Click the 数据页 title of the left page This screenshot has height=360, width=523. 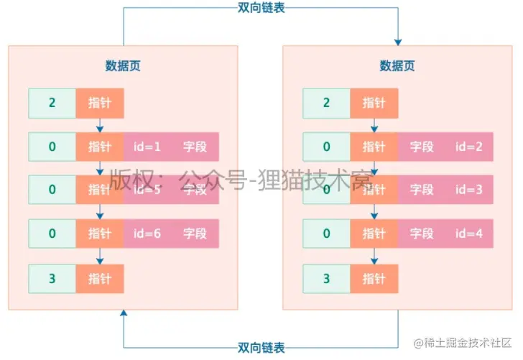(x=123, y=66)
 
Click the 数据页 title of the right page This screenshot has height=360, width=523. (x=397, y=66)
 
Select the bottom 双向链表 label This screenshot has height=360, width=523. (x=261, y=348)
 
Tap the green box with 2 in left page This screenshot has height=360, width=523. (x=52, y=103)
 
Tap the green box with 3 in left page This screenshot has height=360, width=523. (x=52, y=277)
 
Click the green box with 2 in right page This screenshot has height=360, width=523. (x=327, y=103)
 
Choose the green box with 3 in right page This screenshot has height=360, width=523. (x=327, y=277)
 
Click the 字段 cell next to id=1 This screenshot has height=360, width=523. (x=195, y=147)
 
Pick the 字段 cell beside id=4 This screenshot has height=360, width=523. (x=422, y=233)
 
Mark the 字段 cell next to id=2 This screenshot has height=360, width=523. (x=422, y=147)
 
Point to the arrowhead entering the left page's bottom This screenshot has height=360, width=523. (x=124, y=315)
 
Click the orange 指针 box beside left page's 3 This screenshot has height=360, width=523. (x=100, y=277)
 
